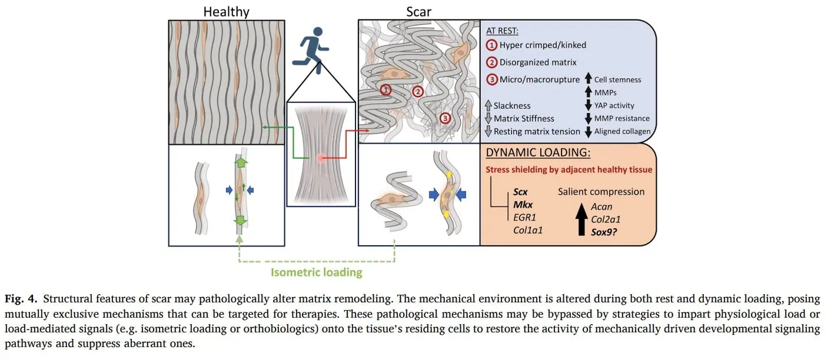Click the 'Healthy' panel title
click(x=227, y=12)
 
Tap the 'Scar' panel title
click(x=418, y=12)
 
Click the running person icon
click(x=311, y=50)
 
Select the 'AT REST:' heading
click(x=502, y=31)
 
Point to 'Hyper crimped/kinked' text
click(x=543, y=45)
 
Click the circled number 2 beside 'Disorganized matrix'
click(x=491, y=62)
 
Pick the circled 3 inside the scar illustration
click(x=445, y=118)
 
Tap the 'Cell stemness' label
click(x=617, y=80)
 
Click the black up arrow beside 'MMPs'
click(x=589, y=92)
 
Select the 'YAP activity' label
click(x=614, y=105)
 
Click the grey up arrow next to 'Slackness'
click(x=488, y=106)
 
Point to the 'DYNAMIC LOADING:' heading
click(x=538, y=152)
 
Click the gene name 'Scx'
click(x=520, y=192)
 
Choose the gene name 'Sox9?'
click(x=604, y=232)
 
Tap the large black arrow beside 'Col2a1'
click(x=581, y=219)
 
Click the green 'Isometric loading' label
click(x=317, y=272)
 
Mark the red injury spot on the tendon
click(x=321, y=158)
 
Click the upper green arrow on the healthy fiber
click(x=241, y=162)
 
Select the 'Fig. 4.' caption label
click(x=21, y=299)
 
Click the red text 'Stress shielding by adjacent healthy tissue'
click(x=569, y=170)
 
